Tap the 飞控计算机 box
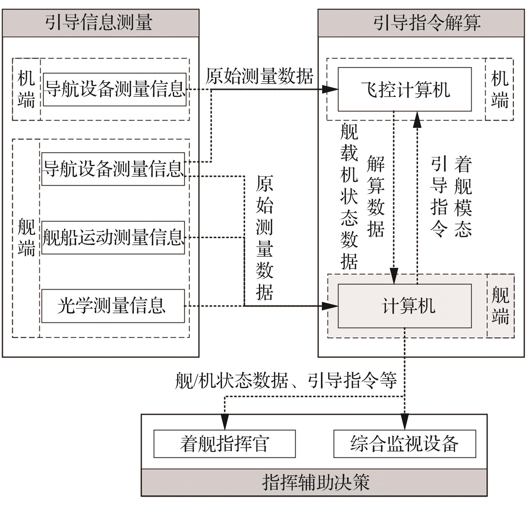click(x=404, y=89)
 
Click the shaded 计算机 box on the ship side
click(x=404, y=306)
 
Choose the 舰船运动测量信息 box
click(x=113, y=238)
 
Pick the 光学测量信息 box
click(x=113, y=306)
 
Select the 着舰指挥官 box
click(x=224, y=444)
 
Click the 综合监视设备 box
click(x=404, y=444)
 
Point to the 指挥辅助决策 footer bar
click(x=314, y=483)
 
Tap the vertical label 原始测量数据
click(x=264, y=238)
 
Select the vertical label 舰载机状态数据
click(x=349, y=197)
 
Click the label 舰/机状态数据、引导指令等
click(x=286, y=380)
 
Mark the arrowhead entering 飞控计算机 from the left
click(x=330, y=89)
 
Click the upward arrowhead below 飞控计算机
click(x=417, y=119)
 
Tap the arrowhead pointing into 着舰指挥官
click(x=225, y=422)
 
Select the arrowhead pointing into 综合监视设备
click(x=404, y=422)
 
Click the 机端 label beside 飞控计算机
click(x=499, y=89)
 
